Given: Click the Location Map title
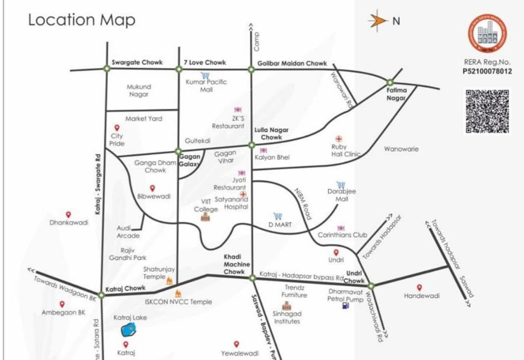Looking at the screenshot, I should tap(82, 20).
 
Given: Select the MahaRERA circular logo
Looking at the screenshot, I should tap(487, 33).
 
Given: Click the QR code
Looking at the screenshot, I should tap(487, 111).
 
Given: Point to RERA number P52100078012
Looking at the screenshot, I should tap(487, 71).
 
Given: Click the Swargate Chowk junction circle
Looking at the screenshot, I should tap(106, 69).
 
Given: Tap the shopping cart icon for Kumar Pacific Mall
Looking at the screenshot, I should tap(205, 75).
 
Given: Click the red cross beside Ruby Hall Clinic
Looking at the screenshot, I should tap(339, 139).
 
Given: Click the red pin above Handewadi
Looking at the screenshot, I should tap(419, 287).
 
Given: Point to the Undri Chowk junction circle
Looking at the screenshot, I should tap(371, 285).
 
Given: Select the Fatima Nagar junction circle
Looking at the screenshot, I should tap(390, 82).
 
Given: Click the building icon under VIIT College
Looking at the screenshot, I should tap(205, 217).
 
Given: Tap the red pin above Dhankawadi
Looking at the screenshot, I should tap(68, 214).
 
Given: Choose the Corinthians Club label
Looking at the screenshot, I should tap(342, 235).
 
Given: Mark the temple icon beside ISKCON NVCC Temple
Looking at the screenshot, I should tap(178, 294).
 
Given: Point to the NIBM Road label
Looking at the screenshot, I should tap(303, 204).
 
